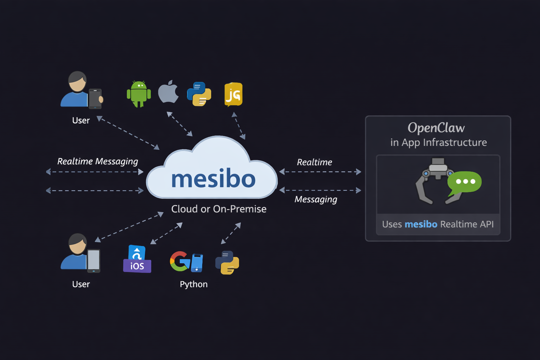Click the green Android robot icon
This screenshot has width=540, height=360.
139,94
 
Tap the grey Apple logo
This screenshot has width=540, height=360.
168,92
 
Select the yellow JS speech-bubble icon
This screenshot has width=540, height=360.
233,94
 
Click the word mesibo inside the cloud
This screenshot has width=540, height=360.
213,179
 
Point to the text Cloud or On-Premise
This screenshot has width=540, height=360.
219,209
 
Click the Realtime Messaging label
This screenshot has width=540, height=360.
97,161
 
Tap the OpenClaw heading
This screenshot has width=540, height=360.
436,128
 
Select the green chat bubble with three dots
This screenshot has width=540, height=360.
465,182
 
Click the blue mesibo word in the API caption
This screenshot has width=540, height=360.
421,224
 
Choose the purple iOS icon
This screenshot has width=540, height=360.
137,259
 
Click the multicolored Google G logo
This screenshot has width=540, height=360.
180,261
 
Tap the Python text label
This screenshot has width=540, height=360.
193,284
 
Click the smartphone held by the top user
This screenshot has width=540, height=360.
95,99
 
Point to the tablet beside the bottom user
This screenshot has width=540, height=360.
94,261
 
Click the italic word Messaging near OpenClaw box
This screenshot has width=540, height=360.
316,199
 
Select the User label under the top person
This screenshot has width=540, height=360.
81,121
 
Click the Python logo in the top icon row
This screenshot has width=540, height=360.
199,94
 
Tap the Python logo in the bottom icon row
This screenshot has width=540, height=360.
227,263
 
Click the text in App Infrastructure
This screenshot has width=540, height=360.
438,142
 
